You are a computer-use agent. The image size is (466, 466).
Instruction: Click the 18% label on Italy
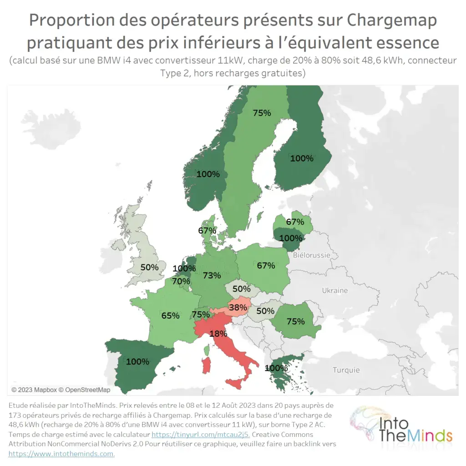218,334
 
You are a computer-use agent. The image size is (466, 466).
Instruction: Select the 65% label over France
170,315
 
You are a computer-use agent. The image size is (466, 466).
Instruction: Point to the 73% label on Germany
212,275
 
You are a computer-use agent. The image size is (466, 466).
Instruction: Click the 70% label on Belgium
181,281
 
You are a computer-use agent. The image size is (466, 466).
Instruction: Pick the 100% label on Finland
302,158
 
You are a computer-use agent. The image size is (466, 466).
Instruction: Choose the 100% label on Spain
137,361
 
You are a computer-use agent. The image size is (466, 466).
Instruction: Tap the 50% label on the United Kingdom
149,267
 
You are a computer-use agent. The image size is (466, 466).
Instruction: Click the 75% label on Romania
295,321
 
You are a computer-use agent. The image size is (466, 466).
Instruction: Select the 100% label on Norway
208,174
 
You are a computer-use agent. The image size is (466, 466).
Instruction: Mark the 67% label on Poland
266,265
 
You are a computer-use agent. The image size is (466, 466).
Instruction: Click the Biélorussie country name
312,255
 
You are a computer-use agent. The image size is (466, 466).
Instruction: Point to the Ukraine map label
334,290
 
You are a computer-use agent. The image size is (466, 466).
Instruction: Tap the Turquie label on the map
346,370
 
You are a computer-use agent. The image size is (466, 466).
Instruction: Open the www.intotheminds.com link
61,454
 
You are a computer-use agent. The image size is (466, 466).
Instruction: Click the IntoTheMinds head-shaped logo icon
364,423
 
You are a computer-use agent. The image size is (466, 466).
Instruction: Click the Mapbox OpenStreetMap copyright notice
61,390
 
